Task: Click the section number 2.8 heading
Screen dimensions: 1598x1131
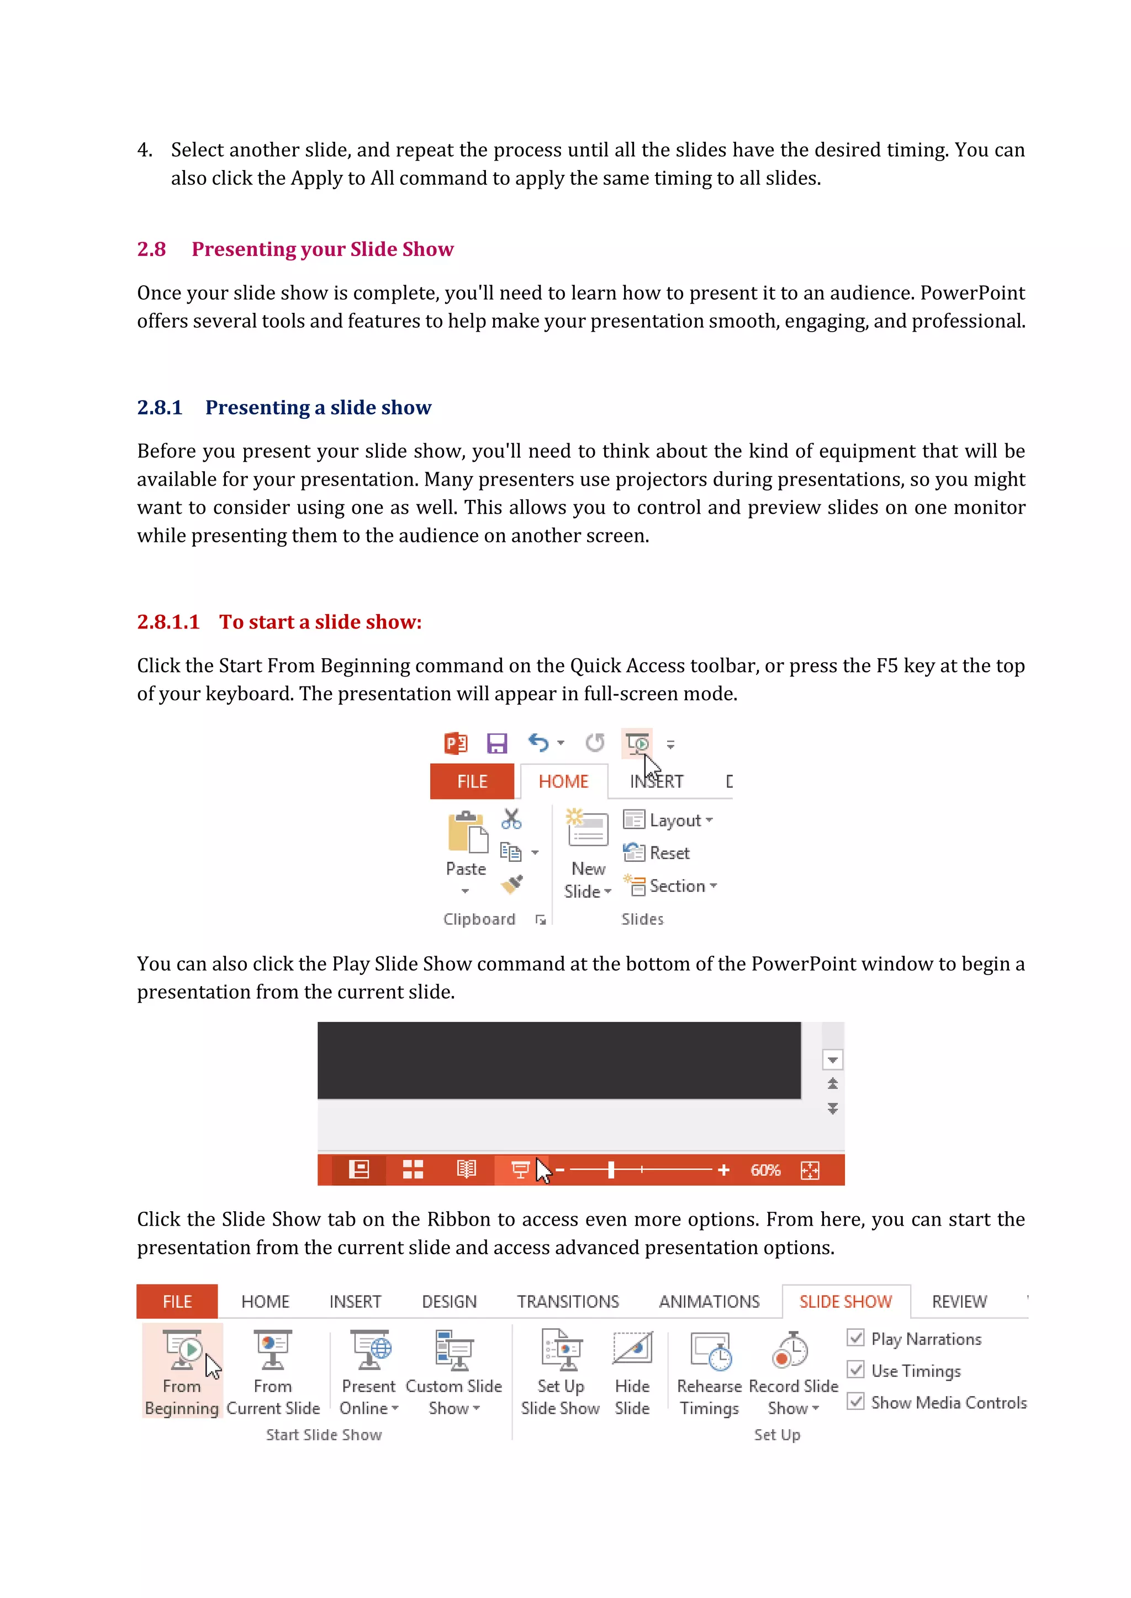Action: (151, 249)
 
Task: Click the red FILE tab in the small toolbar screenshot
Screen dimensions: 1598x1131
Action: (472, 781)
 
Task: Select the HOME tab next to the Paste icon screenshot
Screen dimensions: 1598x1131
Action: (563, 781)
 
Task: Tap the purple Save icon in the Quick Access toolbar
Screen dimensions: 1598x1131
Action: (496, 743)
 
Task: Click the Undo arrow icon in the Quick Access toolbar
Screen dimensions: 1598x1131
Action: (538, 743)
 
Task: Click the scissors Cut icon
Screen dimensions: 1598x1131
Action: (511, 819)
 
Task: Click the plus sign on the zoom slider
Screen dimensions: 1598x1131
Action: (723, 1170)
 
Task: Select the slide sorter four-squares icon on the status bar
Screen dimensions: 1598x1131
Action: (413, 1170)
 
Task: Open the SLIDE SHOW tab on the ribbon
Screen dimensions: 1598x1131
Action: (845, 1302)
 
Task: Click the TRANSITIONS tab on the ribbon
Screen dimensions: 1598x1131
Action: (568, 1302)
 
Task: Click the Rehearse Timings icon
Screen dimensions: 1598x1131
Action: (710, 1351)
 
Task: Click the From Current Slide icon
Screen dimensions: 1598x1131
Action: (272, 1350)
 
